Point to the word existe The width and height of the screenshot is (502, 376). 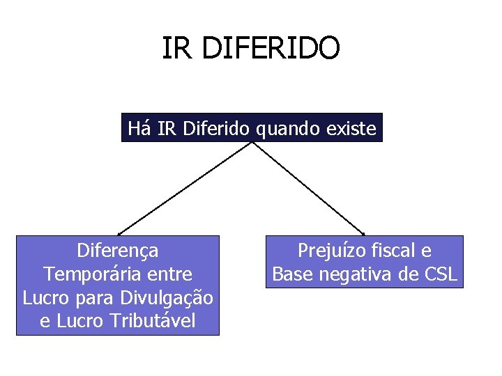click(352, 128)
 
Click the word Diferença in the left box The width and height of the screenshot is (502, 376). click(118, 250)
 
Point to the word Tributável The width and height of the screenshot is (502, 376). click(152, 321)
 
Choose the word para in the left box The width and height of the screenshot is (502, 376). click(94, 298)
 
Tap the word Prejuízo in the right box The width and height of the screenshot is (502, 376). click(329, 250)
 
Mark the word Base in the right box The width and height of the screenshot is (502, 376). click(292, 274)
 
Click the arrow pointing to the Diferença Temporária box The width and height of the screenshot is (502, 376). click(185, 189)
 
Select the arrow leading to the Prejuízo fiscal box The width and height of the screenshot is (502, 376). click(308, 189)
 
